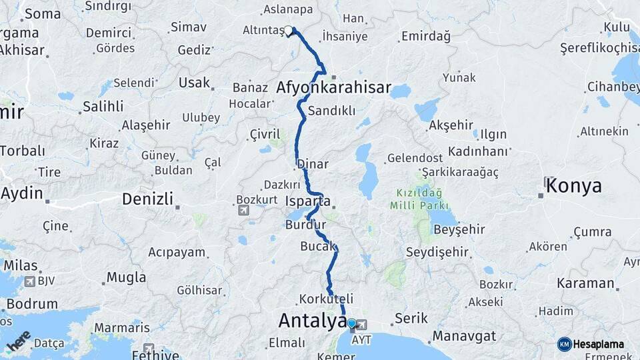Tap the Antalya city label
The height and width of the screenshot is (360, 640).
[x=312, y=321]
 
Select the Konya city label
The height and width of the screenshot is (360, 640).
[x=573, y=187]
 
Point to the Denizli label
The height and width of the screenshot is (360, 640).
[x=147, y=199]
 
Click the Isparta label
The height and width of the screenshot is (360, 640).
[x=307, y=201]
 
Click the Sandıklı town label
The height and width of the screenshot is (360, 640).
[x=331, y=111]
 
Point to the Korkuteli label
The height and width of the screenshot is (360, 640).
[x=326, y=299]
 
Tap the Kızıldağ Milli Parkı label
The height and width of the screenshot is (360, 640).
[x=423, y=199]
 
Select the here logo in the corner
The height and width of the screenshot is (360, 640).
[x=19, y=340]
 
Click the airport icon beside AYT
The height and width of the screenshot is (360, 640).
[x=362, y=325]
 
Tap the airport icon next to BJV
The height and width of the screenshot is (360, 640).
[x=29, y=281]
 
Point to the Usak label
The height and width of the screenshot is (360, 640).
[x=194, y=83]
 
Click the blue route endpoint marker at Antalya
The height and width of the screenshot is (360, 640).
[x=351, y=324]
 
